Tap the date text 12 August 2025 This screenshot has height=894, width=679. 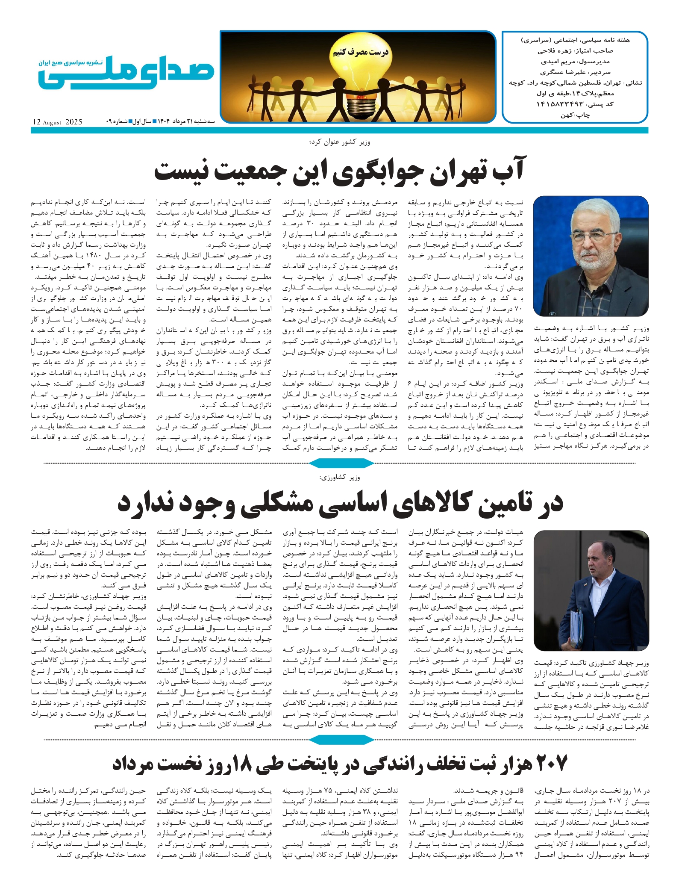pyautogui.click(x=57, y=122)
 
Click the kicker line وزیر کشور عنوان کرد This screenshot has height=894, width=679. pyautogui.click(x=339, y=142)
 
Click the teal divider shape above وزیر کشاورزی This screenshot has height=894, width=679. pyautogui.click(x=341, y=463)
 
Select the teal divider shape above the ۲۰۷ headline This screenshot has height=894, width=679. pyautogui.click(x=341, y=740)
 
